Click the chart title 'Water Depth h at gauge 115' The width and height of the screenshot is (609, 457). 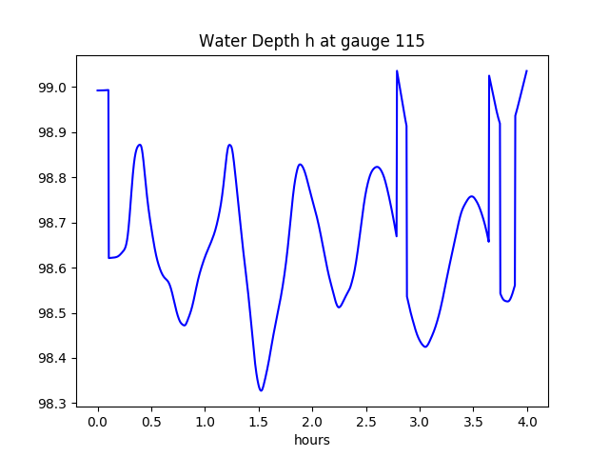(x=311, y=42)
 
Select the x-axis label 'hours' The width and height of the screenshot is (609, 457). (x=311, y=441)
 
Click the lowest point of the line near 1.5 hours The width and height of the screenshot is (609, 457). (x=261, y=390)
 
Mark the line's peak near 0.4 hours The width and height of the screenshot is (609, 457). (x=140, y=145)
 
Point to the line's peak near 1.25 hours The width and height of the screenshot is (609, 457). (x=229, y=145)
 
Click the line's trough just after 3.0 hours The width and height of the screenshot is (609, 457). (x=425, y=347)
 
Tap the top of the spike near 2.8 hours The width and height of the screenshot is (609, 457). (x=397, y=70)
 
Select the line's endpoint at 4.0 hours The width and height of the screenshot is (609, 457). (x=526, y=70)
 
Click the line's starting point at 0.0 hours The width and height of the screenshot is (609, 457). (x=98, y=90)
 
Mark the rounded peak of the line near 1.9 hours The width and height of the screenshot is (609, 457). (x=300, y=164)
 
